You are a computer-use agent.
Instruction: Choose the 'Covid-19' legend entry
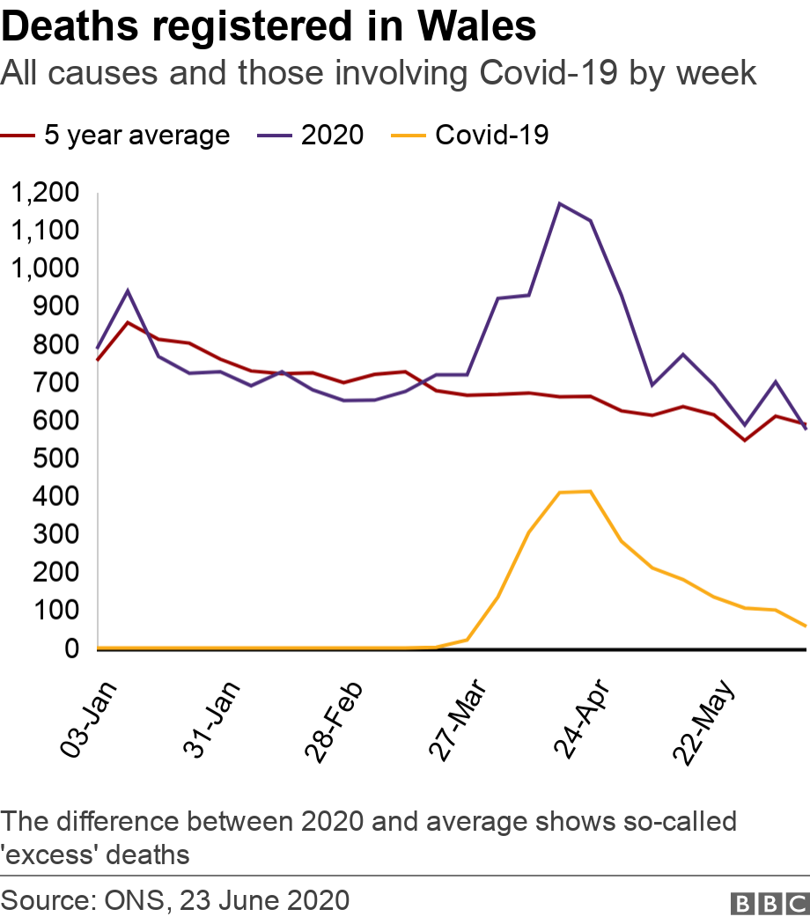(x=491, y=135)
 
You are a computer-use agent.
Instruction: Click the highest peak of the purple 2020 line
(x=559, y=203)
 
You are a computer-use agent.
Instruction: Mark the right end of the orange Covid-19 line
(x=805, y=627)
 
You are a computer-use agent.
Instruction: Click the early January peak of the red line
(x=128, y=322)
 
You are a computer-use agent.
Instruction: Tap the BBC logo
(x=769, y=903)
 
